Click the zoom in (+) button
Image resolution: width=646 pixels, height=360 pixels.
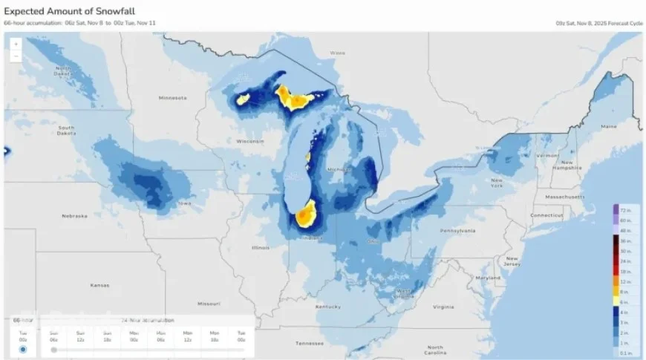[x=16, y=44]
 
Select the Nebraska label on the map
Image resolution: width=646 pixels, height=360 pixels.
[x=76, y=216]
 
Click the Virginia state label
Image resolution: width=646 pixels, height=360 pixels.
[x=443, y=306]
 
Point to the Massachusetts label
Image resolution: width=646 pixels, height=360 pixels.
[x=566, y=197]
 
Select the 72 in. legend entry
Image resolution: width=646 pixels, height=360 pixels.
[x=627, y=212]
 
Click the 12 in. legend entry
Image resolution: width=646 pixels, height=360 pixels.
[x=627, y=282]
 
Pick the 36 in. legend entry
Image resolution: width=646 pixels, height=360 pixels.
[x=627, y=241]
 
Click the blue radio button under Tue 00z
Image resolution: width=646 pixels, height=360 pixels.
[x=23, y=349]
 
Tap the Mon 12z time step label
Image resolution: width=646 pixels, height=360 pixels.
[x=187, y=335]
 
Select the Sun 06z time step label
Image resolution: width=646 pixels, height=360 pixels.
[x=54, y=335]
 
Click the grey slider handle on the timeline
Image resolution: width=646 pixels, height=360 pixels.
[x=54, y=350]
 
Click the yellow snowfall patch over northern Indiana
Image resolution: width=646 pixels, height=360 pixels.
[x=304, y=216]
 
